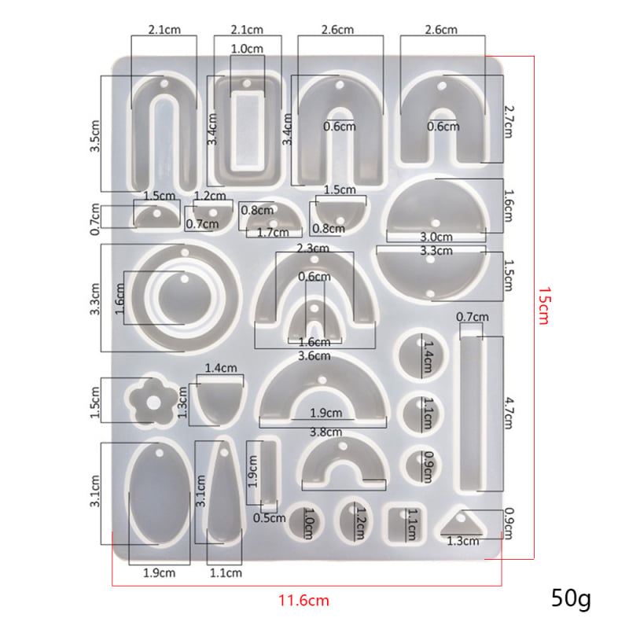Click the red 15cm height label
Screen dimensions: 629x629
click(543, 306)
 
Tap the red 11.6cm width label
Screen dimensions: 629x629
click(303, 601)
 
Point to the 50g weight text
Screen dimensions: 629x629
click(571, 599)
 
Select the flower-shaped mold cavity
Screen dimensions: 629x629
click(153, 402)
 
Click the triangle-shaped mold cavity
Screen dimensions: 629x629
click(462, 524)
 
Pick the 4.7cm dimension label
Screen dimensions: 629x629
click(508, 414)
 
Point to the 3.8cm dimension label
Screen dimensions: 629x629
click(326, 432)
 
